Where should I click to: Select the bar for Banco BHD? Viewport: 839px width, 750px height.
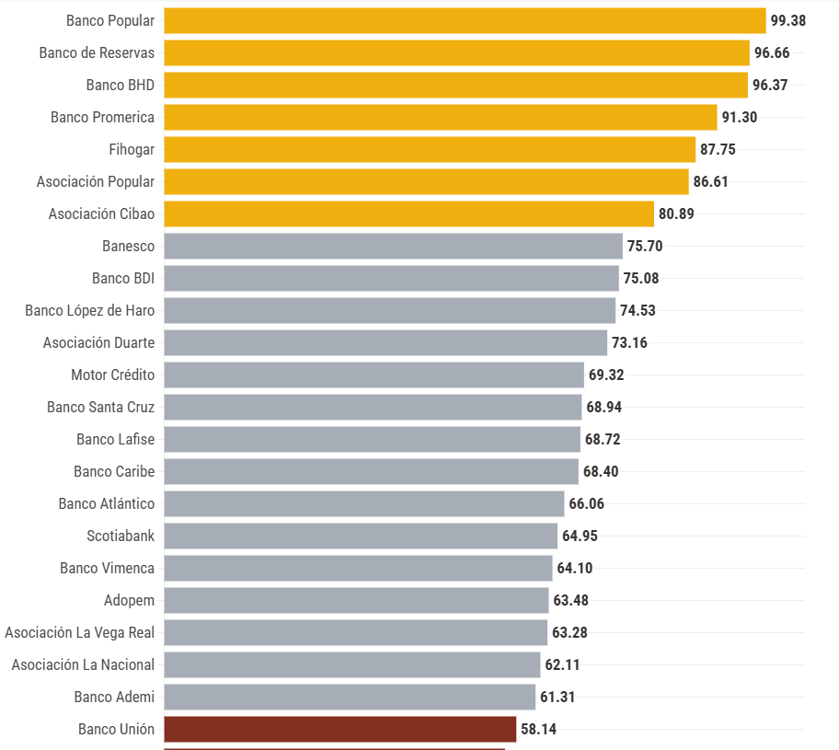pos(455,85)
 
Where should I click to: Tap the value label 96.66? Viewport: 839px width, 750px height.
pos(772,52)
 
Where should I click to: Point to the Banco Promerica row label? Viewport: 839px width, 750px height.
pos(102,117)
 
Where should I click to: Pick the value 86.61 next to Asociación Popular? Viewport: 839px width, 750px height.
pos(710,181)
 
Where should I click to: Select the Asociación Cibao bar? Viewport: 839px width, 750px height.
pos(408,213)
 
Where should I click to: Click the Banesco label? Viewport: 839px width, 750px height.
pos(128,246)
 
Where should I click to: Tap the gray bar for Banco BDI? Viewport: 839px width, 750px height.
pos(391,278)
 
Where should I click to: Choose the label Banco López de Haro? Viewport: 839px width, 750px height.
pos(89,310)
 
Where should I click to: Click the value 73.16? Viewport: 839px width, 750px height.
pos(629,342)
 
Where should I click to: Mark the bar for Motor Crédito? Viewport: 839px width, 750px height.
pos(374,375)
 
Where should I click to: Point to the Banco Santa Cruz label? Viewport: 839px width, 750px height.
pos(100,407)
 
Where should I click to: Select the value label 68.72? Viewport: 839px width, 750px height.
pos(603,439)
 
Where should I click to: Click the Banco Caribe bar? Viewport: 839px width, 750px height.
pos(371,471)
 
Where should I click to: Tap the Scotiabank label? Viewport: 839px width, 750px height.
pos(121,536)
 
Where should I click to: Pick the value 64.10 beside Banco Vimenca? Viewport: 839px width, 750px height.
pos(575,568)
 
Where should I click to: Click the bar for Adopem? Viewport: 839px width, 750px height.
pos(356,600)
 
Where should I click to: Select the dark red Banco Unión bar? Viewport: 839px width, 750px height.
pos(339,729)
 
